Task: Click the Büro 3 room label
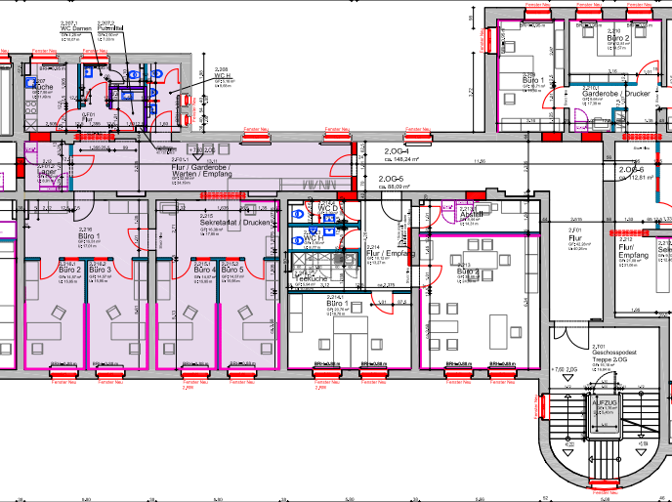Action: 102,270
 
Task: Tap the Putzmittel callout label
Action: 108,28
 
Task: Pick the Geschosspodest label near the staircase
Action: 615,353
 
